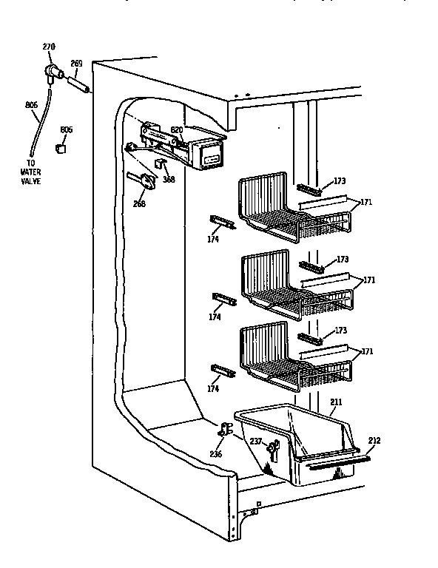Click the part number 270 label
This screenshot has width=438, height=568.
coord(48,47)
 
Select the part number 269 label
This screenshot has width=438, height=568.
coord(75,64)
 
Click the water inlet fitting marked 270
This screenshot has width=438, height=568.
coord(53,72)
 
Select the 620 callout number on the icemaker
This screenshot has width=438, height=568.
coord(176,130)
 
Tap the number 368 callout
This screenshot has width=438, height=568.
coord(169,178)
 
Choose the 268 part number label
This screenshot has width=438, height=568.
coord(139,205)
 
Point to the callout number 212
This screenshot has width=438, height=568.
coord(374,441)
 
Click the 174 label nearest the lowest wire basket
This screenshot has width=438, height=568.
coord(214,388)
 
